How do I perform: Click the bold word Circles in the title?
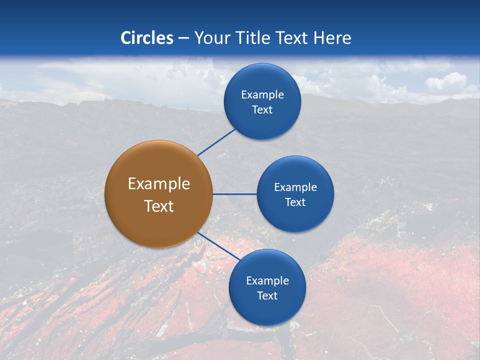coord(147,38)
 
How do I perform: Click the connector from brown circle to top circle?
coord(216,142)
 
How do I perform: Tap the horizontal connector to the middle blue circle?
coord(234,194)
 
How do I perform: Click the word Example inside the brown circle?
coord(158,184)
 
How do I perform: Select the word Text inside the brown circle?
coord(158,206)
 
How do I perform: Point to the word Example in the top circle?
coord(262,94)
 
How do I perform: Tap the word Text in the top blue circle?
coord(262,109)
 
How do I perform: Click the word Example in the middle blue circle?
coord(295,187)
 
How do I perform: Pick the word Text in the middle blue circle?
coord(295,202)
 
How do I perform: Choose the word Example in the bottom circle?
coord(267,280)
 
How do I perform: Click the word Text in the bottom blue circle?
coord(267,295)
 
